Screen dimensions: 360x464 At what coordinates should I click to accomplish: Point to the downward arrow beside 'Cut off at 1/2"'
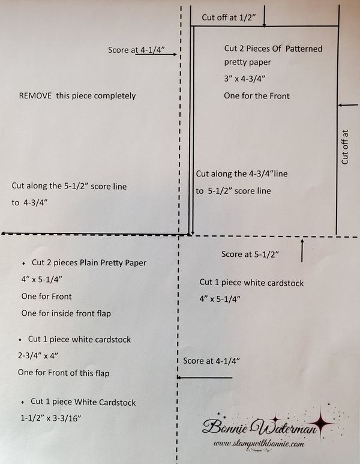point(264,19)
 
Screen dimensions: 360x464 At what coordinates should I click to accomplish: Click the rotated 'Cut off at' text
point(344,147)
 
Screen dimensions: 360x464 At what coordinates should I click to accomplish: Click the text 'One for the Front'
point(257,95)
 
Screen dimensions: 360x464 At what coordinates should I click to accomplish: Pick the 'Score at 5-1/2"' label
point(250,254)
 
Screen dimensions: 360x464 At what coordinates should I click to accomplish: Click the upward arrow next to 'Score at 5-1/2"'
point(302,249)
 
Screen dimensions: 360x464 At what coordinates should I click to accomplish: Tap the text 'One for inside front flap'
point(66,313)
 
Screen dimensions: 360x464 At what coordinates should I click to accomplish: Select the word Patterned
point(304,49)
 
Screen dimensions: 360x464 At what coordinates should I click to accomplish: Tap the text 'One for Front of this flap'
point(64,373)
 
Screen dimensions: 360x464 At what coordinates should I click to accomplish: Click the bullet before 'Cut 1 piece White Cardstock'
point(23,402)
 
